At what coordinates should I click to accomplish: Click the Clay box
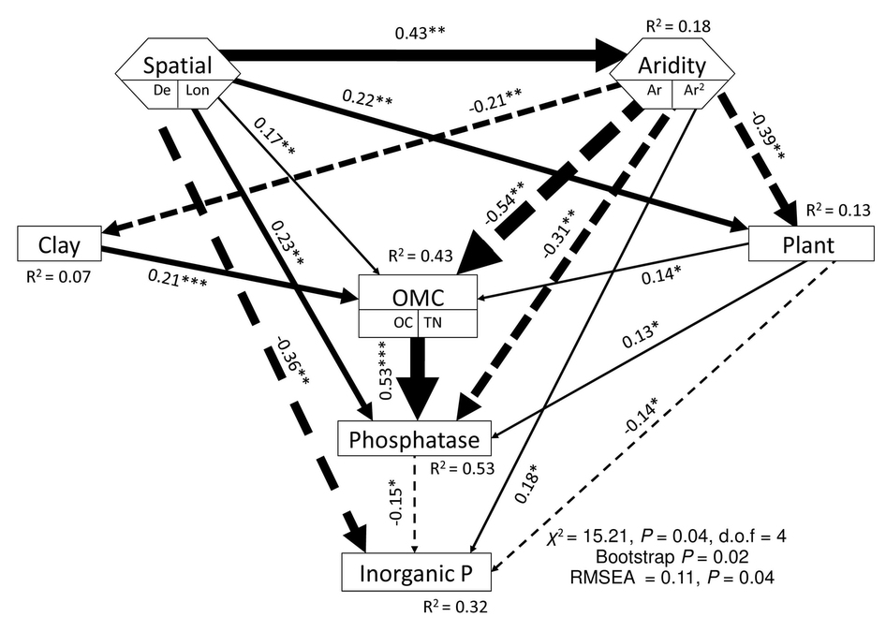pos(59,244)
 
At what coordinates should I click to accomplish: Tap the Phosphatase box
pos(414,438)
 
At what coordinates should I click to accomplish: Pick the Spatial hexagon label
pos(177,66)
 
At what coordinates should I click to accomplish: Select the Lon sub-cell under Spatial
pos(199,91)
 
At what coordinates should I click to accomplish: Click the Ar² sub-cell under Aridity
pos(695,91)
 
